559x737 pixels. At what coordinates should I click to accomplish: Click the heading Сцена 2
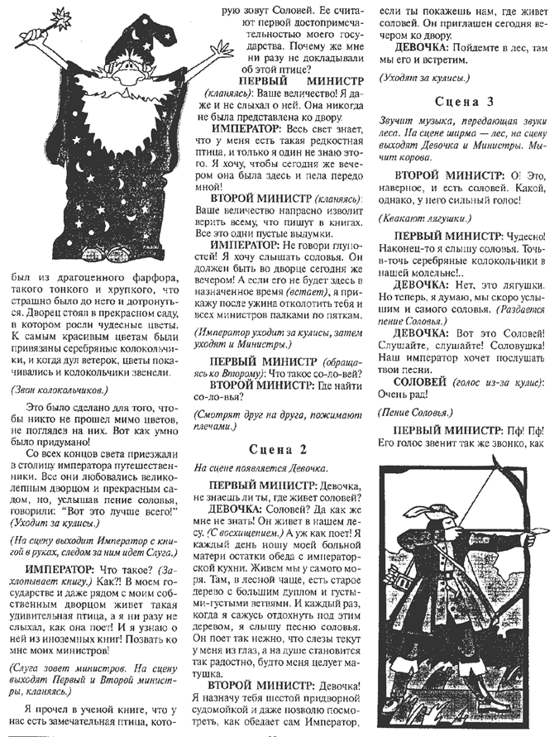pyautogui.click(x=279, y=450)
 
